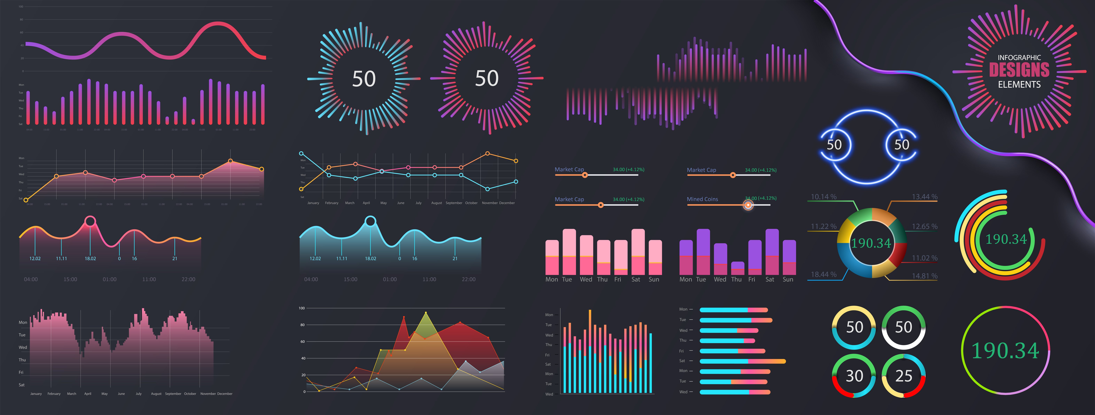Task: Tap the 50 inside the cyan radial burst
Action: click(x=364, y=79)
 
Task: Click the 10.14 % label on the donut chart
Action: click(x=823, y=197)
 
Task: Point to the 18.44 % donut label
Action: click(x=823, y=274)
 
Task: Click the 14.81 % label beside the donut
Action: click(x=925, y=276)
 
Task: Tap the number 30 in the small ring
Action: click(x=854, y=376)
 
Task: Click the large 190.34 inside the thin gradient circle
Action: click(x=1005, y=351)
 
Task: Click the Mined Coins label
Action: click(x=702, y=199)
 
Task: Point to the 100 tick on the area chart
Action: click(x=302, y=308)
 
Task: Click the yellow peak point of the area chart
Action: click(x=426, y=313)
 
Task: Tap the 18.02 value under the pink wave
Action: click(x=90, y=259)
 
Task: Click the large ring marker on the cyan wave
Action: click(x=371, y=221)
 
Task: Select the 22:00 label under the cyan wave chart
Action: click(x=468, y=279)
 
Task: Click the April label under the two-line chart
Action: click(x=366, y=203)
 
